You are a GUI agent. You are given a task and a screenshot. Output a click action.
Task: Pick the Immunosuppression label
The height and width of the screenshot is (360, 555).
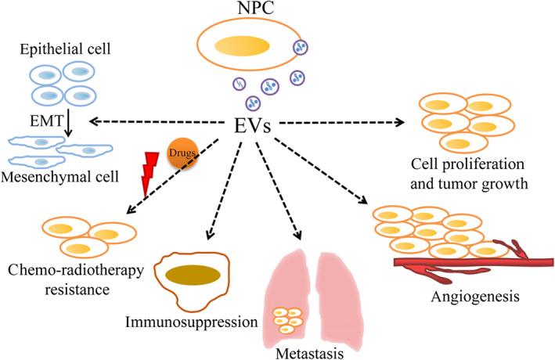tap(204, 321)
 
